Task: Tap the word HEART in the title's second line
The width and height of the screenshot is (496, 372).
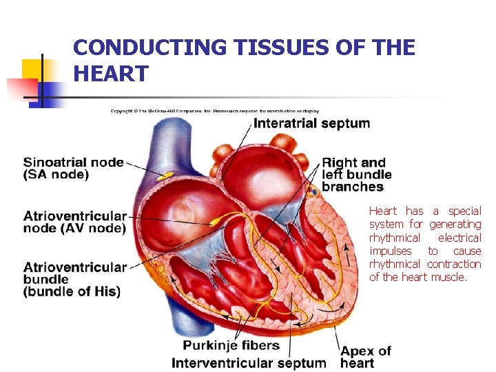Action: [110, 74]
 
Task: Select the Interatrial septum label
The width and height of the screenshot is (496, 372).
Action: [311, 124]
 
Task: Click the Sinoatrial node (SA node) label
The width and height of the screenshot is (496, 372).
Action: [73, 169]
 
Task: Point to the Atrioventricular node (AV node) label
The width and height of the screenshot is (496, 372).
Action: [75, 222]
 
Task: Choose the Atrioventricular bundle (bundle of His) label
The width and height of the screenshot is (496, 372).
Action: [75, 279]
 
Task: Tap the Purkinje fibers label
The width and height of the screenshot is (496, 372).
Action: [231, 345]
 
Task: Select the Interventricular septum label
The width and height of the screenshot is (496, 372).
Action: [249, 363]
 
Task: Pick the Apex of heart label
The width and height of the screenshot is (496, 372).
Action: [365, 357]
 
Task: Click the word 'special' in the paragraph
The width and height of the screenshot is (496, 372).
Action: [465, 211]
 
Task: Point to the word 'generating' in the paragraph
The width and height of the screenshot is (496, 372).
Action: [455, 224]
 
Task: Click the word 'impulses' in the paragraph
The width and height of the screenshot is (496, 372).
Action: [390, 251]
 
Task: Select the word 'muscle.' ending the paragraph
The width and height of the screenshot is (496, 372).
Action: [449, 277]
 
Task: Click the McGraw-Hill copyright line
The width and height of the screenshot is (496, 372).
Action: [215, 111]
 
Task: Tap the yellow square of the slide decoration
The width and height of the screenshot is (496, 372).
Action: [32, 69]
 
